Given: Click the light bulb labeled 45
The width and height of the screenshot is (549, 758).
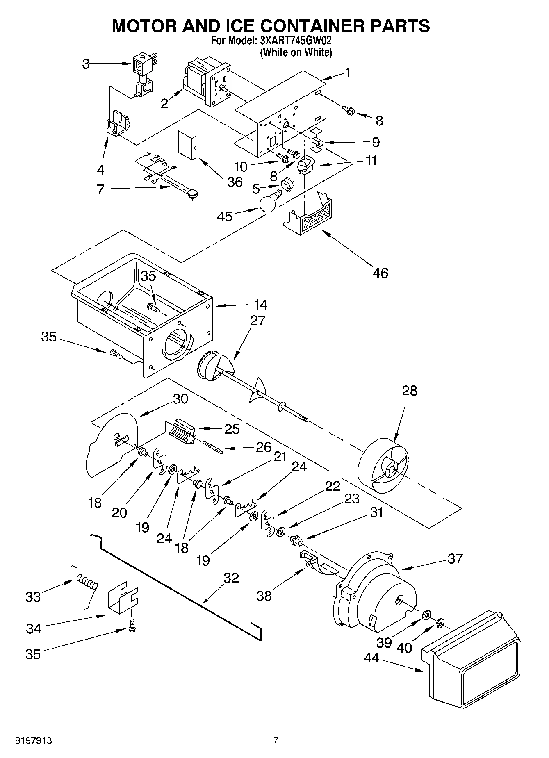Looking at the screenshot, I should pyautogui.click(x=269, y=202).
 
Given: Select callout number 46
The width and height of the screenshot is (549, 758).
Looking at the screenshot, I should pyautogui.click(x=380, y=273).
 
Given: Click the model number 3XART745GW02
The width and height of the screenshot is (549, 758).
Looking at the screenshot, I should pyautogui.click(x=295, y=41).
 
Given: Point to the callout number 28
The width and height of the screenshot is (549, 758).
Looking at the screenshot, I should pyautogui.click(x=409, y=391).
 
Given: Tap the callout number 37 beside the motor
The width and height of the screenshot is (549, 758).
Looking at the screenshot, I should pyautogui.click(x=455, y=558).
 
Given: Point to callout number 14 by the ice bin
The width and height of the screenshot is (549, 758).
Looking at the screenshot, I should pyautogui.click(x=260, y=305).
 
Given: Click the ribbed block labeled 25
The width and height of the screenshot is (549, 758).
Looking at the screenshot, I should pyautogui.click(x=180, y=431).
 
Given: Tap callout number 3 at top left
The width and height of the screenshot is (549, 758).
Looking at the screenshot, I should pyautogui.click(x=86, y=64).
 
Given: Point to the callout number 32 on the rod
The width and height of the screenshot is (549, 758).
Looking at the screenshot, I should pyautogui.click(x=231, y=578).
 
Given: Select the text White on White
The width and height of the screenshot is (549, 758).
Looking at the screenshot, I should pyautogui.click(x=296, y=52).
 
